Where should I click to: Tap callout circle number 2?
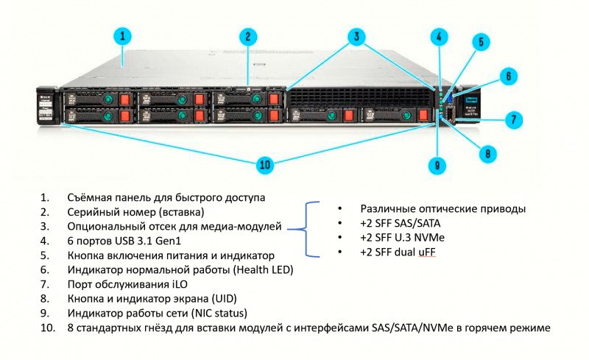tap(248, 35)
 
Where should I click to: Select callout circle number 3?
tap(356, 35)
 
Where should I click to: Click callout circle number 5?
tap(479, 42)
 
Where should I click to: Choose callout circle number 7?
tap(513, 117)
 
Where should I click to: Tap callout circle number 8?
tap(486, 153)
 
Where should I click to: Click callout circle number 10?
tap(264, 164)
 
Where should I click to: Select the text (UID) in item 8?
tap(227, 298)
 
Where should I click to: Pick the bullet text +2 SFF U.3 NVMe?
tap(403, 238)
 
